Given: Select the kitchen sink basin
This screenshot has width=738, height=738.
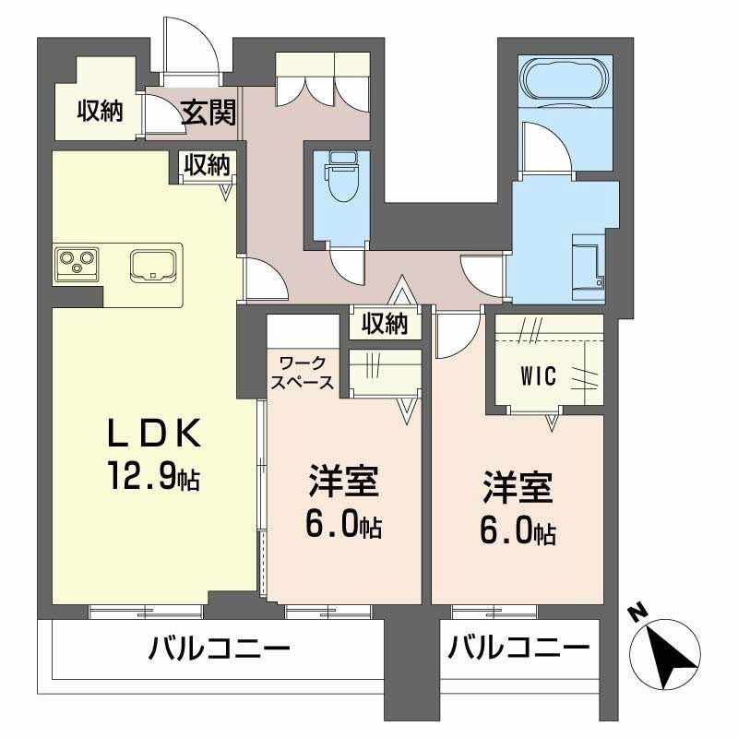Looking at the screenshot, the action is tap(153, 266).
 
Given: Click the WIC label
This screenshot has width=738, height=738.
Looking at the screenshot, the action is tap(539, 375).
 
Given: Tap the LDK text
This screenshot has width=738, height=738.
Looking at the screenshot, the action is tap(154, 433).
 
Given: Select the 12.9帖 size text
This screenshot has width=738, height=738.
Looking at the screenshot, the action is tap(154, 475).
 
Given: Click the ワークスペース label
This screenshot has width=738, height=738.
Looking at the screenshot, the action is tap(303, 373).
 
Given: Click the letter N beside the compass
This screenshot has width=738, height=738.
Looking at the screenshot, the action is tap(637, 613).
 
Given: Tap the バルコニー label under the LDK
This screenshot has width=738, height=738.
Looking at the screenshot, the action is tap(220, 649).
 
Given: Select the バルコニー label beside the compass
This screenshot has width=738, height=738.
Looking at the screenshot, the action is tap(518, 649).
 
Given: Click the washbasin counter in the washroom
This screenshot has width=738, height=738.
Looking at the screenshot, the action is tap(589, 268).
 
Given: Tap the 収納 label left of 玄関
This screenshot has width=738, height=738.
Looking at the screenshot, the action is tap(101, 111).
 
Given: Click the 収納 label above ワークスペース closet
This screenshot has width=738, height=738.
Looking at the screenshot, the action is tap(385, 324).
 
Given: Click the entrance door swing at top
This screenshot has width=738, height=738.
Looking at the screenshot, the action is tap(192, 45).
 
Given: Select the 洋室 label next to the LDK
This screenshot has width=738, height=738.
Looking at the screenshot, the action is tap(343, 481).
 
